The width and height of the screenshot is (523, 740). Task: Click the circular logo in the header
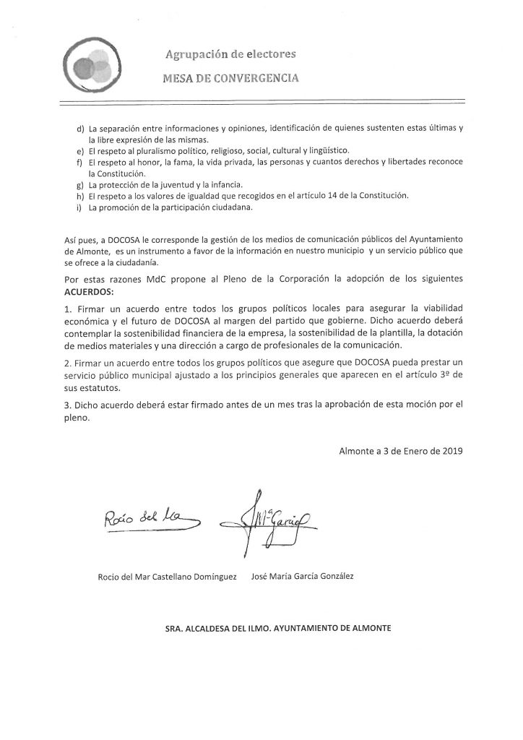91,63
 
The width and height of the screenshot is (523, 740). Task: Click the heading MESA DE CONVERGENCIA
231,76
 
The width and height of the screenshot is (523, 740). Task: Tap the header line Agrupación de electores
231,54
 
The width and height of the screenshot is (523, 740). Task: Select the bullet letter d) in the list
79,128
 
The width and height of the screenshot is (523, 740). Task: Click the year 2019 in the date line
449,452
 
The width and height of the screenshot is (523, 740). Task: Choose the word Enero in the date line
404,452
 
